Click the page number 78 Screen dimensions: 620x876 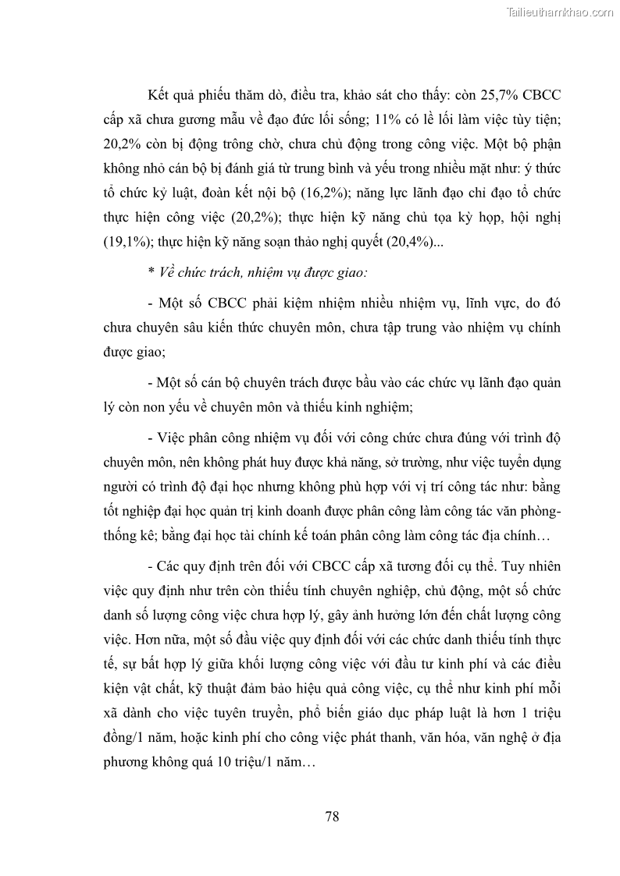pyautogui.click(x=331, y=817)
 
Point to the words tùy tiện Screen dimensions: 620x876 pyautogui.click(x=536, y=120)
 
